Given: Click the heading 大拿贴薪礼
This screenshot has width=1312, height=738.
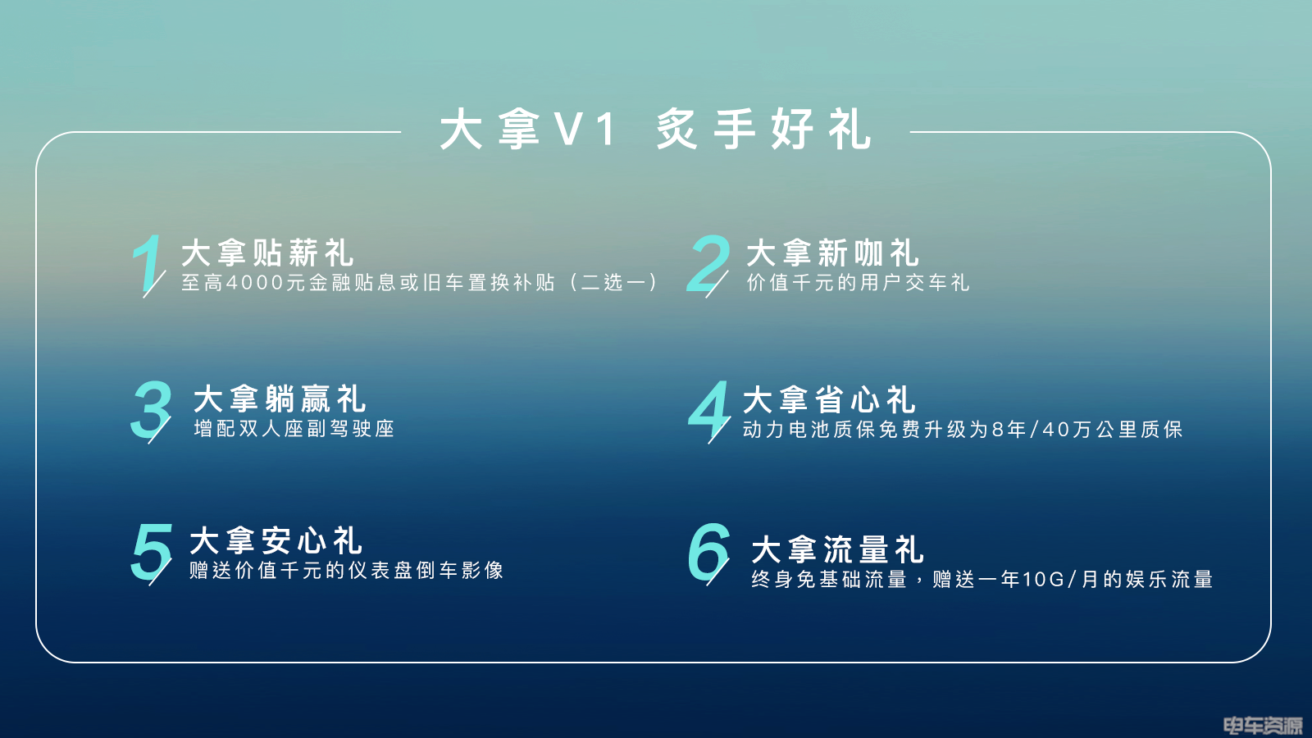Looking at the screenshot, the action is point(267,253).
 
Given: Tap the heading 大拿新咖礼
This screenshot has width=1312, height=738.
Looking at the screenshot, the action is point(832,253).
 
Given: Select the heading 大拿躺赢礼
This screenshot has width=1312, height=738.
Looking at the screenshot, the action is point(280,399).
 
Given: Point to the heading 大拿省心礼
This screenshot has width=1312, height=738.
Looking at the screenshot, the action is point(829,399).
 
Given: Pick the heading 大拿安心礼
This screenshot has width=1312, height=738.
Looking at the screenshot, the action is point(276,540).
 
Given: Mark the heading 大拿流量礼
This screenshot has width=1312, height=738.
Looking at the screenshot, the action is point(837,549).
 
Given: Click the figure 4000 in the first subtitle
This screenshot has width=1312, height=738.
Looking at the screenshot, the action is point(256,283).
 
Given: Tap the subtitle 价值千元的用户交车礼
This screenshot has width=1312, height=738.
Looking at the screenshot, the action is point(858,283).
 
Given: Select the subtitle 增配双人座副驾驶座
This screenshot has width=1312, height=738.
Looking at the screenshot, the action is point(294,429).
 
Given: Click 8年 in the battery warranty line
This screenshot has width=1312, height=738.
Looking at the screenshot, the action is point(1009,430).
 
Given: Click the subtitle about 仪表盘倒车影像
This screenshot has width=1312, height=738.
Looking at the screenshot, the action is point(347,571).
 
